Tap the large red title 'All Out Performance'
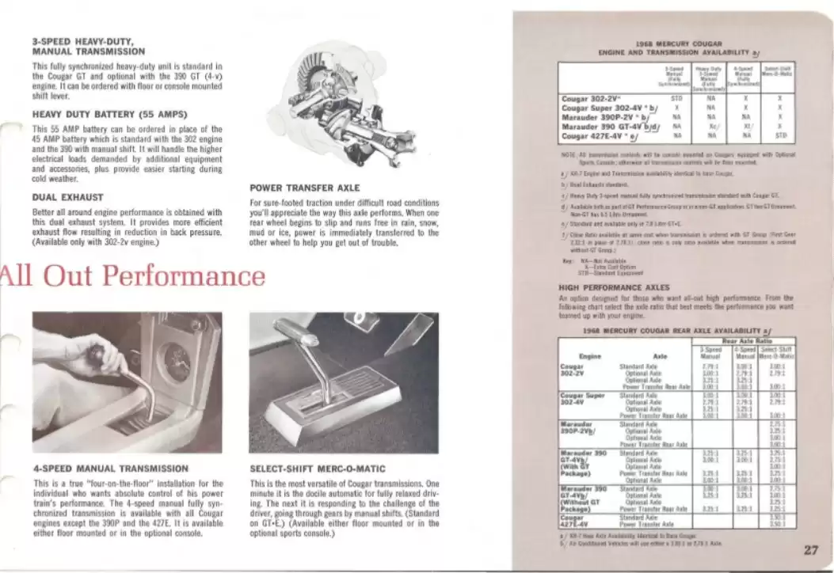pyautogui.click(x=132, y=276)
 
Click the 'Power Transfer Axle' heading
pyautogui.click(x=304, y=188)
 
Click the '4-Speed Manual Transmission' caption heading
pyautogui.click(x=111, y=469)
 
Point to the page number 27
pyautogui.click(x=809, y=552)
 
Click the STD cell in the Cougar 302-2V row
pyautogui.click(x=676, y=99)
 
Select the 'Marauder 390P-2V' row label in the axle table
pyautogui.click(x=579, y=427)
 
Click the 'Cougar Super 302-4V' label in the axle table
pyautogui.click(x=582, y=398)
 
